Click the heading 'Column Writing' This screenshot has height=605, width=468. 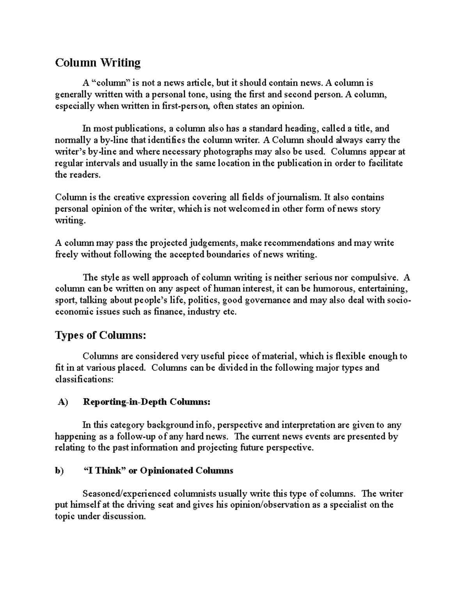click(97, 63)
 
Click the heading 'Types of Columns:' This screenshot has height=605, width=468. click(101, 335)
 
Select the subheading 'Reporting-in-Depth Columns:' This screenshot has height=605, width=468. click(147, 402)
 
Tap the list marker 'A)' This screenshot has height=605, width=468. click(62, 402)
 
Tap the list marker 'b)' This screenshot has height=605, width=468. click(59, 471)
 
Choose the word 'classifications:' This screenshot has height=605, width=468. click(84, 379)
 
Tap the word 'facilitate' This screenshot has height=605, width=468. click(385, 163)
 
